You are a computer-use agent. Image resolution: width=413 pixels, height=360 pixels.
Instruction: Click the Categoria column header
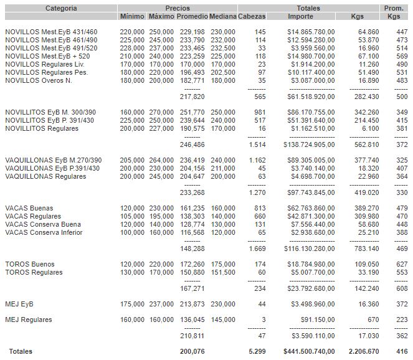pyautogui.click(x=61, y=8)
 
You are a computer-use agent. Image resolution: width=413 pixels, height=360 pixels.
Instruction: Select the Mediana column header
pyautogui.click(x=222, y=16)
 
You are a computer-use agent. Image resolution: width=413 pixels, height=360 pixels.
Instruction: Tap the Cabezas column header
pyautogui.click(x=252, y=16)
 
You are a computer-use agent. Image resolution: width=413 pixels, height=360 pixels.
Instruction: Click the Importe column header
pyautogui.click(x=301, y=16)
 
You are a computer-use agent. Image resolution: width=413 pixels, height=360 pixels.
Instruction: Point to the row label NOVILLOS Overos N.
pyautogui.click(x=38, y=80)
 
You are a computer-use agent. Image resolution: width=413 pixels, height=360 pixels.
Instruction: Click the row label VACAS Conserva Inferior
pyautogui.click(x=44, y=232)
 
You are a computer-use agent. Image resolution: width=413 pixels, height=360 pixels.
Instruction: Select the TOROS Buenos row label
pyautogui.click(x=30, y=264)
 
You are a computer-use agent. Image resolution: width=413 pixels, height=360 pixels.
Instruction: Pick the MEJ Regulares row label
pyautogui.click(x=29, y=320)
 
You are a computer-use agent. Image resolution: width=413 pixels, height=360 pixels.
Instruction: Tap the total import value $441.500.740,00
pyautogui.click(x=309, y=351)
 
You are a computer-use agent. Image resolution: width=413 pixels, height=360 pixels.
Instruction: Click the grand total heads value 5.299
pyautogui.click(x=256, y=351)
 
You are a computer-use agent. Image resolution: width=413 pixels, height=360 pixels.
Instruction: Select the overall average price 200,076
pyautogui.click(x=192, y=351)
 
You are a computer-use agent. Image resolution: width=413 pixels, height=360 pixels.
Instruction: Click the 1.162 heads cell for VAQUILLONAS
pyautogui.click(x=256, y=160)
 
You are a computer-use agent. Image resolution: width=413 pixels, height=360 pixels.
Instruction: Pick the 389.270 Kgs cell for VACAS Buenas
pyautogui.click(x=366, y=208)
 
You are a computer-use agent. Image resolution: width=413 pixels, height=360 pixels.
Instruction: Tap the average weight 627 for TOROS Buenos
pyautogui.click(x=402, y=264)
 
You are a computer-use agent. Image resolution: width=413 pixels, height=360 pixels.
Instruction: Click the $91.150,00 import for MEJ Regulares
pyautogui.click(x=317, y=320)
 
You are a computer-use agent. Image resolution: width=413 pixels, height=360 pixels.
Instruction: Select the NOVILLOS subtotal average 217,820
pyautogui.click(x=192, y=97)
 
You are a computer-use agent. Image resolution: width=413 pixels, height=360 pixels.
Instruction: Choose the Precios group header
pyautogui.click(x=178, y=8)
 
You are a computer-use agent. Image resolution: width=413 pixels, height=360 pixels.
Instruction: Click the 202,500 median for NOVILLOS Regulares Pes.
pyautogui.click(x=223, y=72)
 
